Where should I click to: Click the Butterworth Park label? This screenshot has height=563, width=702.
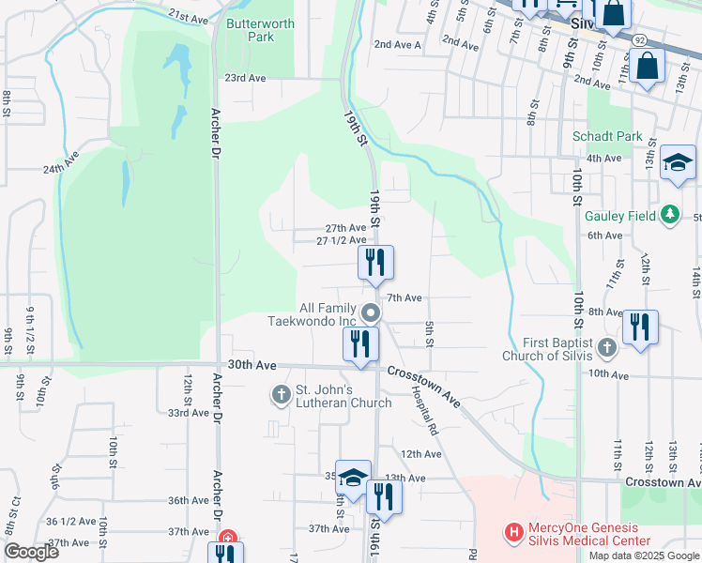[x=250, y=30]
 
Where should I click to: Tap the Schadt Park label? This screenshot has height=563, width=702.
[x=607, y=136]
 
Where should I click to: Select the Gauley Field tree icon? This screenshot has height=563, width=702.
[x=669, y=215]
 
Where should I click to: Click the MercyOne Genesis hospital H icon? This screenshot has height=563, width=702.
[x=513, y=532]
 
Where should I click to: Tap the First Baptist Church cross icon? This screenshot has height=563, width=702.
[x=607, y=348]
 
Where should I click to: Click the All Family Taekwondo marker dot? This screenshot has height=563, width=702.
[x=371, y=312]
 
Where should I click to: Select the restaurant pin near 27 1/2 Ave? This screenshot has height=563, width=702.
[x=375, y=263]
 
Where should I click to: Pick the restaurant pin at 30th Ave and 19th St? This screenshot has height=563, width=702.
[x=360, y=343]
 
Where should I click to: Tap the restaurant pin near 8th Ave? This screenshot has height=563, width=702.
[x=640, y=327]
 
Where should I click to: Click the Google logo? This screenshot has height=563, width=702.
[x=31, y=552]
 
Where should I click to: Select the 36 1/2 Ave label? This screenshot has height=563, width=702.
[x=69, y=522]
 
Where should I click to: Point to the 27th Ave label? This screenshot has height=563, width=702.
[x=345, y=228]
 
